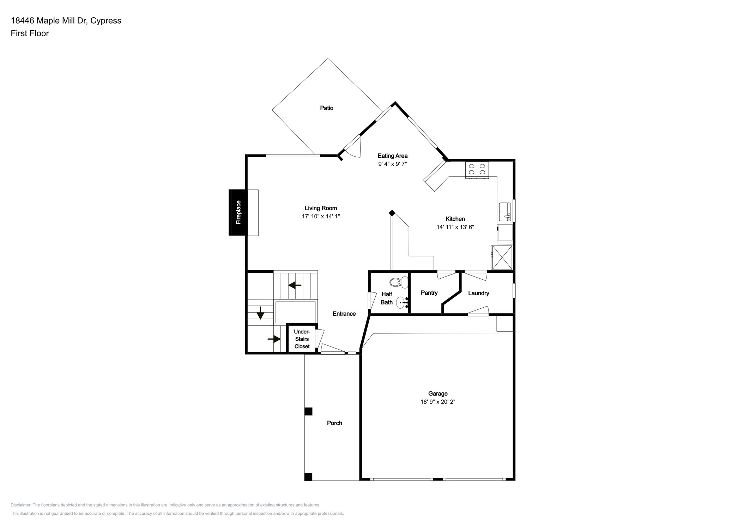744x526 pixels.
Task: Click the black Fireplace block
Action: pyautogui.click(x=238, y=212)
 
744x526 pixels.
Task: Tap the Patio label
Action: pyautogui.click(x=326, y=108)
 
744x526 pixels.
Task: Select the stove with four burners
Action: pyautogui.click(x=477, y=169)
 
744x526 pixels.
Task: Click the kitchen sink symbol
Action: pyautogui.click(x=505, y=212)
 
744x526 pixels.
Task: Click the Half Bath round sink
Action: pyautogui.click(x=401, y=303)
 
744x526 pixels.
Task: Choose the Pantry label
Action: pyautogui.click(x=429, y=293)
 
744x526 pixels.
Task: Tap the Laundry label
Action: pyautogui.click(x=478, y=293)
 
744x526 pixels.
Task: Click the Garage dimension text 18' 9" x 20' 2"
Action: pyautogui.click(x=437, y=402)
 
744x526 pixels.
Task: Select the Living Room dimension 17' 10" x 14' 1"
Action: pyautogui.click(x=321, y=216)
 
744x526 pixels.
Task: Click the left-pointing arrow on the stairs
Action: pyautogui.click(x=295, y=285)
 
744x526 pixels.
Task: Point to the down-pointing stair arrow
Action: pyautogui.click(x=260, y=313)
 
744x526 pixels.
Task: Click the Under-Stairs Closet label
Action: pyautogui.click(x=302, y=339)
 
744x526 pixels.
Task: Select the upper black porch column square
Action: pyautogui.click(x=308, y=411)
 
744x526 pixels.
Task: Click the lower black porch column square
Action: pyautogui.click(x=308, y=477)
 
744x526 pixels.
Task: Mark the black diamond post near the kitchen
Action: pyautogui.click(x=392, y=213)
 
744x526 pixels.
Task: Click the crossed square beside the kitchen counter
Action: pyautogui.click(x=501, y=258)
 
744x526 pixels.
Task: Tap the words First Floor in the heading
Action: pyautogui.click(x=30, y=33)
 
